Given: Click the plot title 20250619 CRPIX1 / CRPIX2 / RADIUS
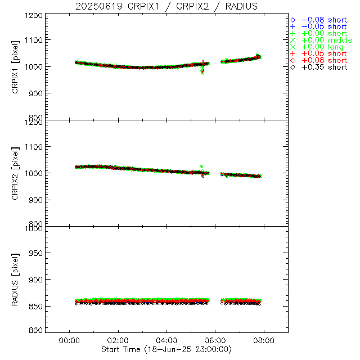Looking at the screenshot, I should (x=167, y=6).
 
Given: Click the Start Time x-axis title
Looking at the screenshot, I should (x=167, y=349).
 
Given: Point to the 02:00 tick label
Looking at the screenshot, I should (x=118, y=340).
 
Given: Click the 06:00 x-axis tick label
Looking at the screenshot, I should (x=215, y=340).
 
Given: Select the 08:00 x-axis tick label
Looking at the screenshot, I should (x=264, y=340).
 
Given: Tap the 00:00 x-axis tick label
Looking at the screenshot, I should (x=69, y=340).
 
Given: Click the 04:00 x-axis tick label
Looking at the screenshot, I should (x=166, y=340).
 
